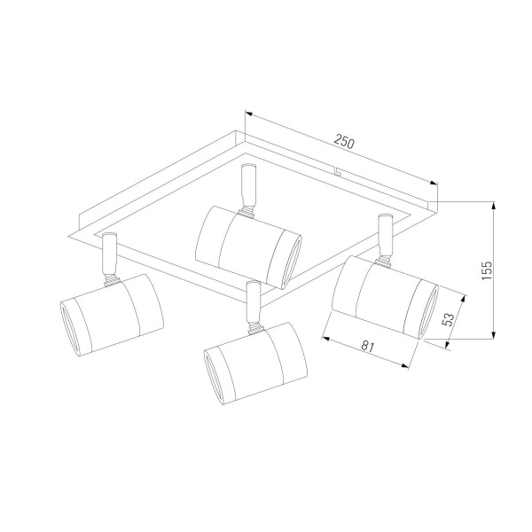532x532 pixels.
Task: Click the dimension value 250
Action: pyautogui.click(x=344, y=141)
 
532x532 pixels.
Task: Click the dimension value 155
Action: pyautogui.click(x=487, y=270)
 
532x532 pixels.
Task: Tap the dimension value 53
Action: pyautogui.click(x=449, y=319)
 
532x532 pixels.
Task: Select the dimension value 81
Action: pyautogui.click(x=367, y=347)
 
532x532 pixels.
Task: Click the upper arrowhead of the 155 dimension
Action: pyautogui.click(x=494, y=206)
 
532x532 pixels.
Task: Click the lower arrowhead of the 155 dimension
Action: pyautogui.click(x=494, y=334)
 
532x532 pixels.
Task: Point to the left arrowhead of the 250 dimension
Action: pyautogui.click(x=249, y=113)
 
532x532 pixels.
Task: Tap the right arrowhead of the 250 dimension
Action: pyautogui.click(x=434, y=184)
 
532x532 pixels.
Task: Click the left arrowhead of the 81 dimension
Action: pyautogui.click(x=326, y=339)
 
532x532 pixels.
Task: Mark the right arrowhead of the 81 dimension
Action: pyautogui.click(x=404, y=365)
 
